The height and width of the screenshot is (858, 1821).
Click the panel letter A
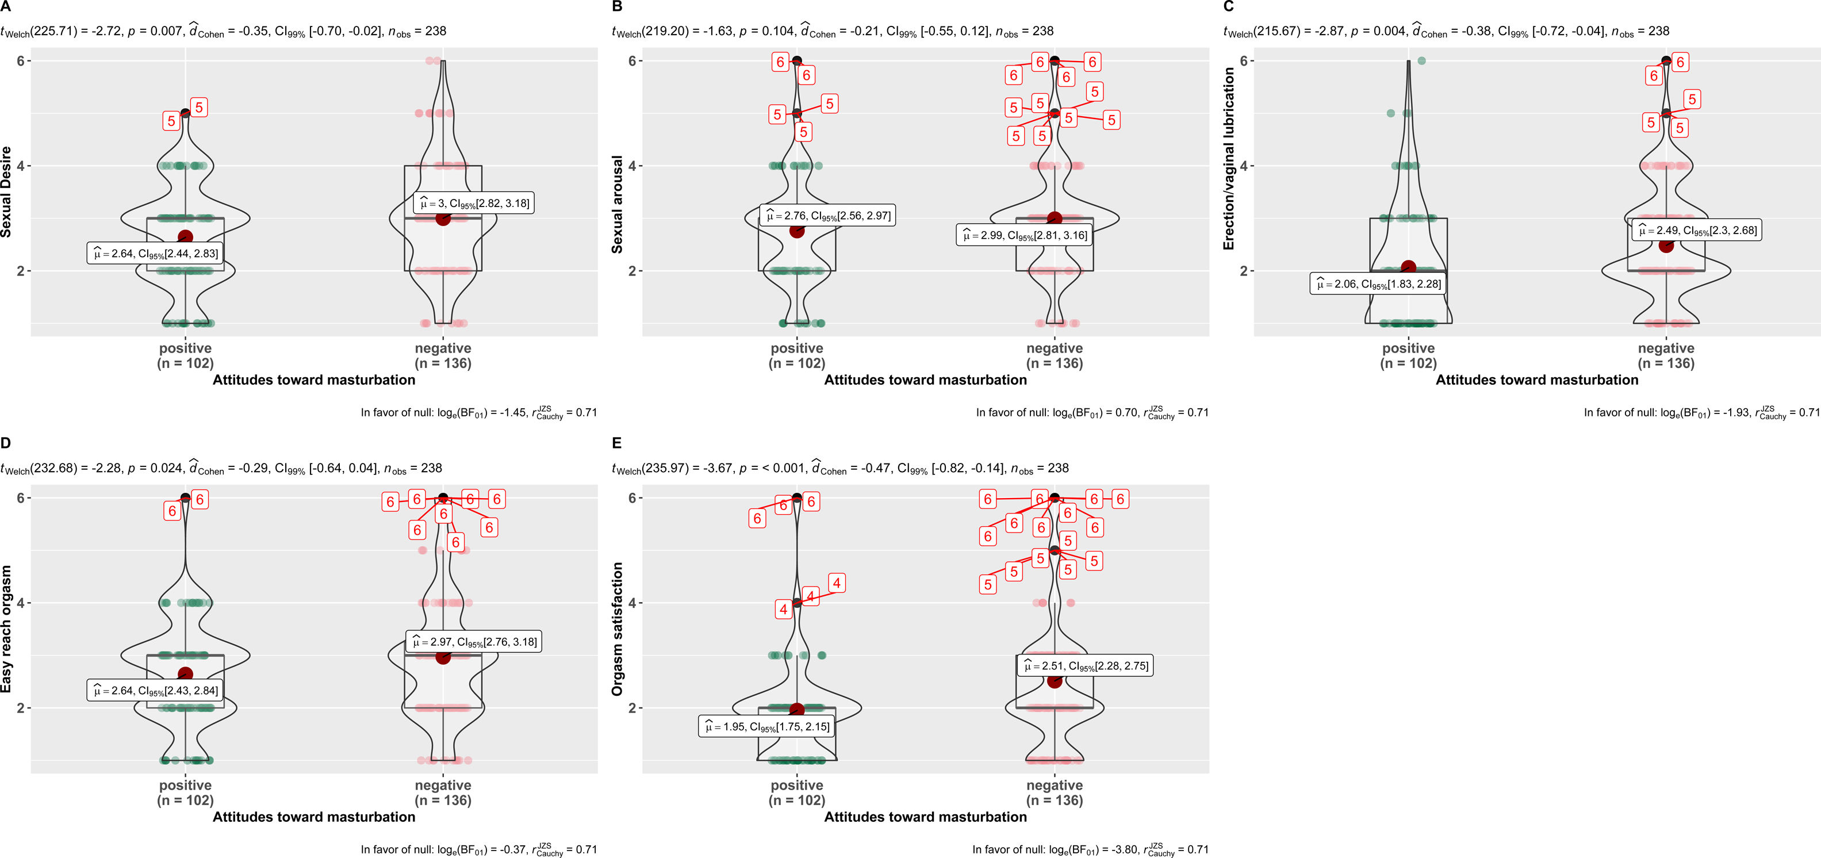click(x=6, y=6)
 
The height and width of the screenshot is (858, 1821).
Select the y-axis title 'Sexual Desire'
click(x=6, y=191)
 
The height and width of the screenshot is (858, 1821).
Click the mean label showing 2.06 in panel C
click(x=1378, y=284)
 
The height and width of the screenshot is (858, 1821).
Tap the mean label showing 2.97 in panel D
click(x=474, y=642)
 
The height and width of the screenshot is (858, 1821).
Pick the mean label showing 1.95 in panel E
click(x=766, y=726)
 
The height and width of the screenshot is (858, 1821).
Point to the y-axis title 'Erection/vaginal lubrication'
click(x=1229, y=159)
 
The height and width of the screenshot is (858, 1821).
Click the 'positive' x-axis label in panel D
click(x=185, y=785)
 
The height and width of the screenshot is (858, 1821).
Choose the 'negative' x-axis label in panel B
click(x=1054, y=348)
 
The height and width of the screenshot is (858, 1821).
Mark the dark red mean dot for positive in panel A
click(x=185, y=238)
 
